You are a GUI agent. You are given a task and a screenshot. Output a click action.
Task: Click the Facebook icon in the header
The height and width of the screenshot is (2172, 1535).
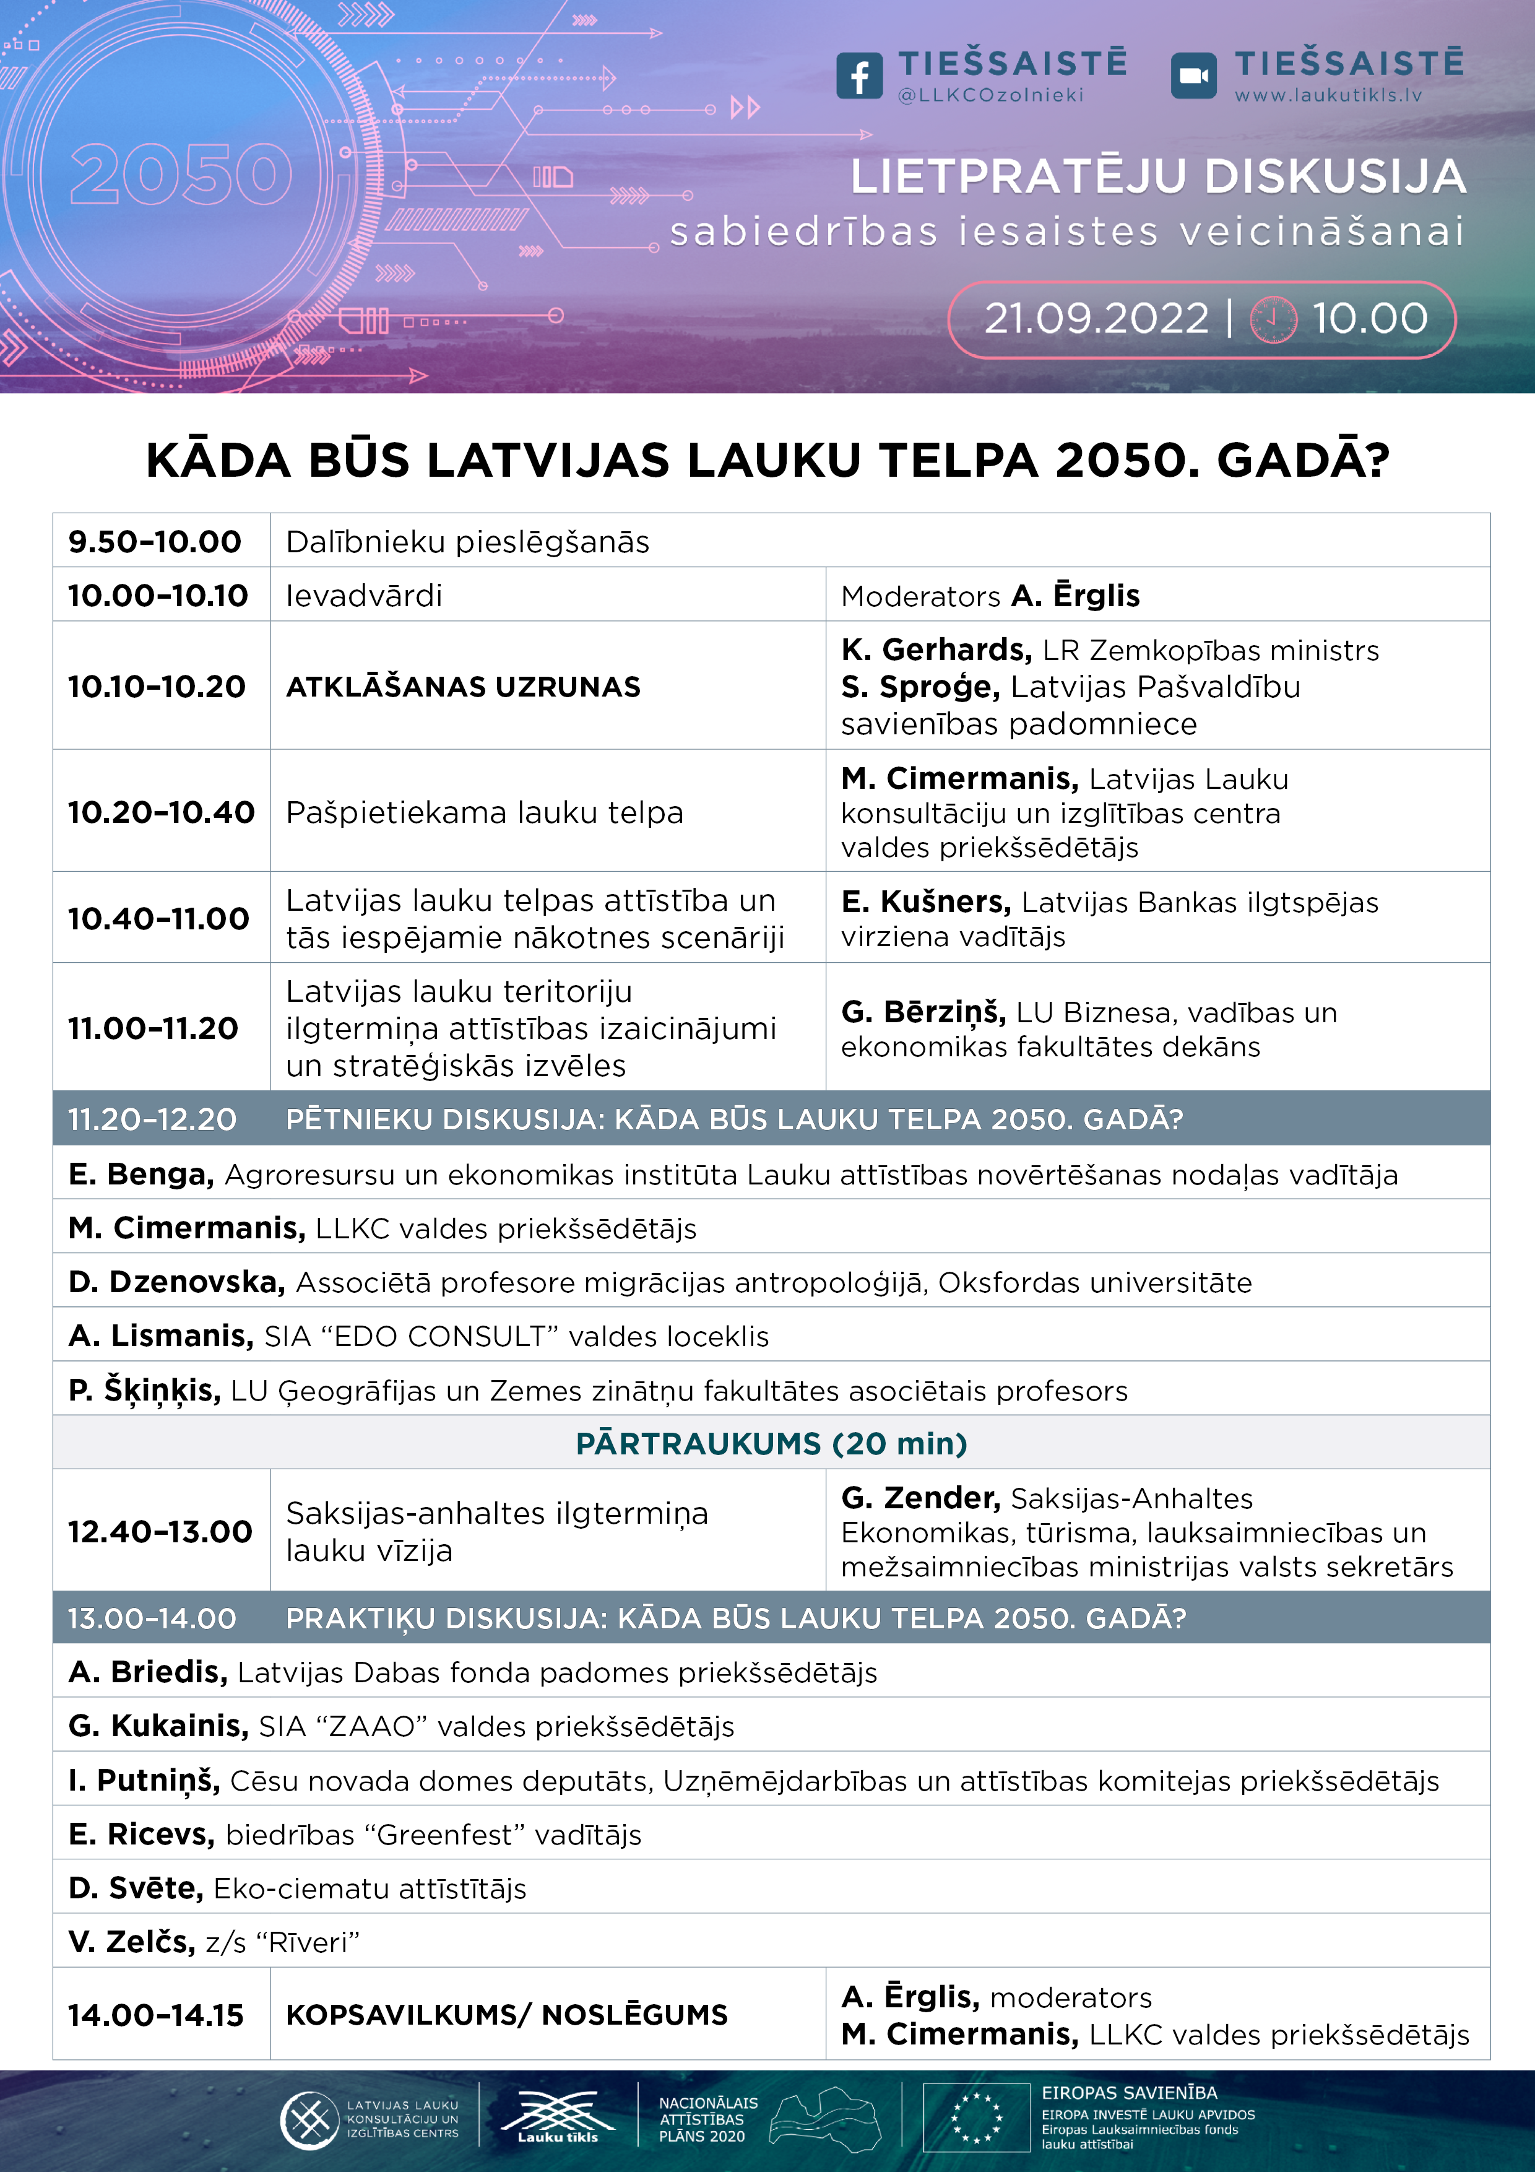click(858, 76)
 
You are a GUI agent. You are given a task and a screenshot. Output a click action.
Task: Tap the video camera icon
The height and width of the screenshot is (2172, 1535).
click(1193, 76)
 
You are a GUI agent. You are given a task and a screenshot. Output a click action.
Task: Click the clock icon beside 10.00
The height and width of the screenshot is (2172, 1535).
click(1273, 319)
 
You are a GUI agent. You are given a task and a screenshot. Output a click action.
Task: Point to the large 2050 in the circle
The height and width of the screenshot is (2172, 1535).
click(181, 175)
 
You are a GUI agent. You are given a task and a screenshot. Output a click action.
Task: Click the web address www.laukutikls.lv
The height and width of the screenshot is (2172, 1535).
click(1328, 95)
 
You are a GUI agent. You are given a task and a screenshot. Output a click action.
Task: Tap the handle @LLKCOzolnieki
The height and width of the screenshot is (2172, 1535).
click(990, 95)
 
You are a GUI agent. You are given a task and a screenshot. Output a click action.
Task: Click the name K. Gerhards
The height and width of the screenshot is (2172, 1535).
click(935, 650)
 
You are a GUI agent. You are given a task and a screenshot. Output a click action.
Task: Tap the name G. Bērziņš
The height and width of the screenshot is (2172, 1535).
click(923, 1012)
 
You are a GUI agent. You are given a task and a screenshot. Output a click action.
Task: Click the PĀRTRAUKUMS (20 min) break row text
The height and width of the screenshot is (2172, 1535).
click(771, 1444)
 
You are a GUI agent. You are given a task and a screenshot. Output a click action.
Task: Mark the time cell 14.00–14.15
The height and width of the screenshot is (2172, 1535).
click(156, 2015)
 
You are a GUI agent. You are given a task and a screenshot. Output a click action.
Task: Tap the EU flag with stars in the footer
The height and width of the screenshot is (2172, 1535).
click(976, 2117)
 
